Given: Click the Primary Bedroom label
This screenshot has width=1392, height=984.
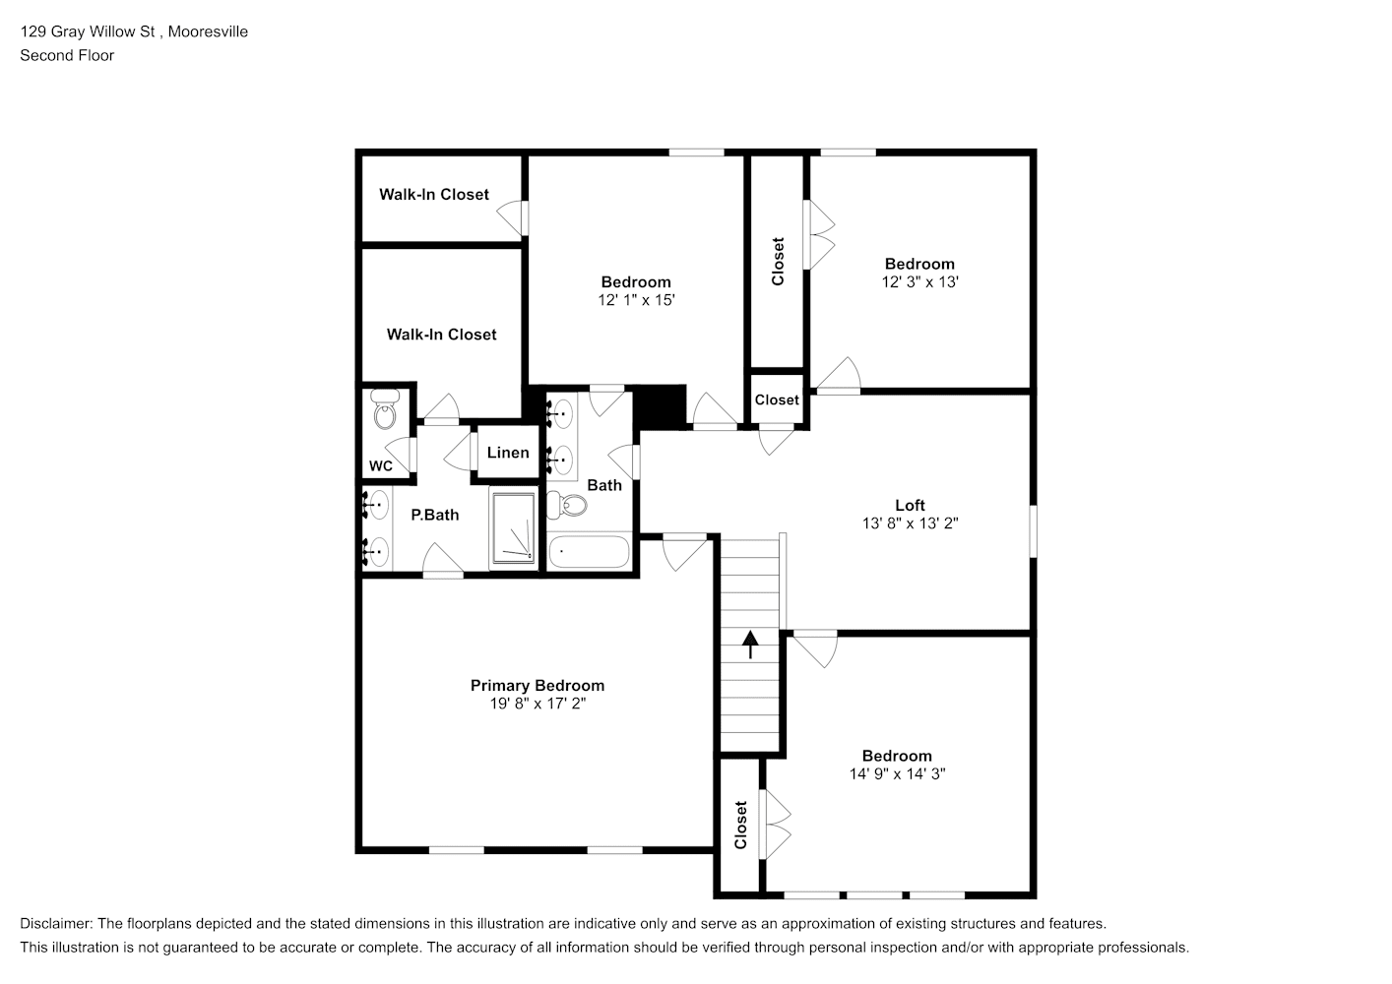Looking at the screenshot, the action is (x=537, y=685).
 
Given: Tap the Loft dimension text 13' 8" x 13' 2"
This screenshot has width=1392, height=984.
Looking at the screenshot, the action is (x=910, y=523).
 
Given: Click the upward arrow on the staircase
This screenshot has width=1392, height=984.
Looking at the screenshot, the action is (x=751, y=645).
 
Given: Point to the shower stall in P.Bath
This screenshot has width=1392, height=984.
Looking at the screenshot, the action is (x=513, y=528).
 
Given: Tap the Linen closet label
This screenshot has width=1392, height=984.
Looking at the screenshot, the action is (x=508, y=453).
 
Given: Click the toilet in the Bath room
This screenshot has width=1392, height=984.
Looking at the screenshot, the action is (x=567, y=505).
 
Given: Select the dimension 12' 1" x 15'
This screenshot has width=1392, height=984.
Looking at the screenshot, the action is (x=636, y=300).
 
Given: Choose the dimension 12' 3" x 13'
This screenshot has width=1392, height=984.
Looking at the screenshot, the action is (x=919, y=282).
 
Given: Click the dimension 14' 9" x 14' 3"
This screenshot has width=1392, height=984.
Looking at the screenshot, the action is (x=897, y=773).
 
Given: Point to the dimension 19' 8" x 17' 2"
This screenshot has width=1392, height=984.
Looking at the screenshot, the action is (x=537, y=704).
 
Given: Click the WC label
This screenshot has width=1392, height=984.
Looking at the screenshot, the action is (x=380, y=465).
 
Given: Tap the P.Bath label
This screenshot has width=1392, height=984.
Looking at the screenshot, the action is (x=434, y=515).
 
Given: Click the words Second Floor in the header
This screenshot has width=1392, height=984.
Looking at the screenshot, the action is (x=67, y=55).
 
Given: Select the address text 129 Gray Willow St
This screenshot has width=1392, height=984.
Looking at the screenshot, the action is (x=88, y=31).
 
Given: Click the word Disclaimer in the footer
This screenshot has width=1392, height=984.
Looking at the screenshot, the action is (x=55, y=923).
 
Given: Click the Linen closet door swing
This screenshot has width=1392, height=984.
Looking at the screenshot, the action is (x=459, y=451).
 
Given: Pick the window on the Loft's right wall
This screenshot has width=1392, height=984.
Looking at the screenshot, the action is (x=1033, y=531).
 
